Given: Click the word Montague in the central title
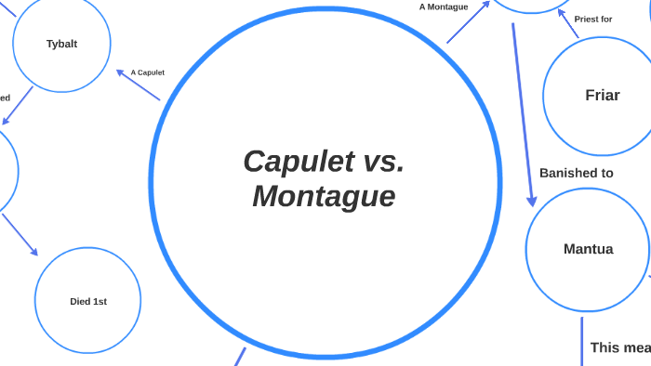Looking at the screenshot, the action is click(324, 197).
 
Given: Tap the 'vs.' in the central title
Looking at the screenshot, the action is click(379, 162).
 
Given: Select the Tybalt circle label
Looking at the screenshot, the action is click(61, 44).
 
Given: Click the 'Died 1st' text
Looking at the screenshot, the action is click(88, 301).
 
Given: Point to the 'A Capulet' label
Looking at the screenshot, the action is click(147, 72).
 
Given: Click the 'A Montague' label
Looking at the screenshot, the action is click(444, 7).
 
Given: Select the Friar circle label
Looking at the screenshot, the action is click(602, 95).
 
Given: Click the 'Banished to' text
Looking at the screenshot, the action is click(576, 173).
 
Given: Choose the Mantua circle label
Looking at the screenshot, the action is click(588, 249).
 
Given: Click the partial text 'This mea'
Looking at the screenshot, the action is click(619, 347).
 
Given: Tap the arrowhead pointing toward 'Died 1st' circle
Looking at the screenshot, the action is click(33, 251).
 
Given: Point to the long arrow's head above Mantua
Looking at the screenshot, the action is click(532, 200).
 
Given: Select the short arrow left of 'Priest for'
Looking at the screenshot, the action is click(566, 26).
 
